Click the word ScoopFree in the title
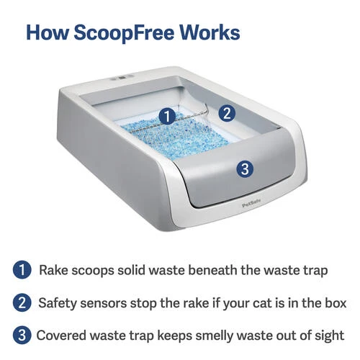(x=123, y=33)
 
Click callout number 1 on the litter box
(x=167, y=117)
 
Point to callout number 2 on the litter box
(x=227, y=113)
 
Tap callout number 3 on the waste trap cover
(x=245, y=168)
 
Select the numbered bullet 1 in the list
(x=22, y=270)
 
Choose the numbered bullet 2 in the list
(x=22, y=302)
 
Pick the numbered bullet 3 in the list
(x=22, y=336)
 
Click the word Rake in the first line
(x=53, y=270)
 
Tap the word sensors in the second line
(x=103, y=303)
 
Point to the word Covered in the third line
(x=61, y=336)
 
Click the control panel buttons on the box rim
(x=122, y=78)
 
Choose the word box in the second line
(x=336, y=303)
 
